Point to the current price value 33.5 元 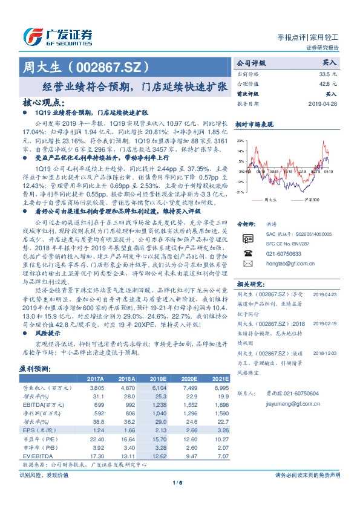click(327, 74)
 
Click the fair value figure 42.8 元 click(327, 84)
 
